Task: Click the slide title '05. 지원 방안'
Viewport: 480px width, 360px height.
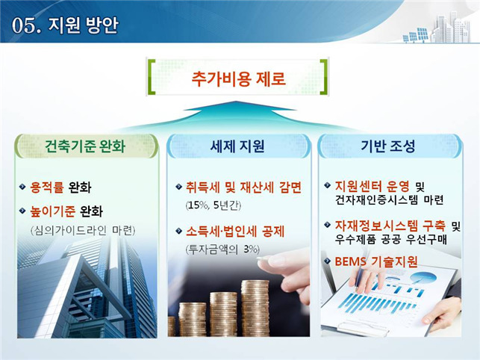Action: click(x=65, y=25)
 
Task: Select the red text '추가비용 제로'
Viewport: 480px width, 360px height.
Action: click(x=238, y=78)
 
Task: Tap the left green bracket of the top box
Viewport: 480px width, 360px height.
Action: click(x=152, y=77)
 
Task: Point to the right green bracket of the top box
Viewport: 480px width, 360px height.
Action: click(x=324, y=77)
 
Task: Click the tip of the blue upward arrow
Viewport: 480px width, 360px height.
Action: click(x=235, y=101)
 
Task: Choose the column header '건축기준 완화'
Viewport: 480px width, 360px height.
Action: click(x=85, y=146)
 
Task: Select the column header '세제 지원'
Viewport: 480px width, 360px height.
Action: click(x=237, y=146)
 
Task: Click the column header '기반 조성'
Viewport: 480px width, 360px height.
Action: click(x=388, y=146)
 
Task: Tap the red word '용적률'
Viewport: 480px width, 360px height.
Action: click(x=47, y=187)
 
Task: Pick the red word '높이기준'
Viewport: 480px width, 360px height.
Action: click(x=53, y=211)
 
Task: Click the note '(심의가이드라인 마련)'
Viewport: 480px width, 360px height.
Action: click(x=83, y=230)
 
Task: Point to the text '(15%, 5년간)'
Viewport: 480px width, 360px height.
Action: click(x=213, y=205)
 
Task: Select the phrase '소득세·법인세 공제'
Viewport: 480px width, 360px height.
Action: click(x=235, y=232)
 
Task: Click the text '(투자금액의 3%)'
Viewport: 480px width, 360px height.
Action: click(x=222, y=249)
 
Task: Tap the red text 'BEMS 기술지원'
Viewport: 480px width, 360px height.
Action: click(x=376, y=261)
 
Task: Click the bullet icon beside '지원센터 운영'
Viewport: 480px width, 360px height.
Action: click(x=327, y=185)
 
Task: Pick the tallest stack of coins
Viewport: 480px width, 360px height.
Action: click(x=255, y=308)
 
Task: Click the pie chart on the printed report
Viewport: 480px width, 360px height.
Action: click(x=423, y=278)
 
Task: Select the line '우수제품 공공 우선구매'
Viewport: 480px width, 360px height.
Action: click(x=391, y=239)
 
